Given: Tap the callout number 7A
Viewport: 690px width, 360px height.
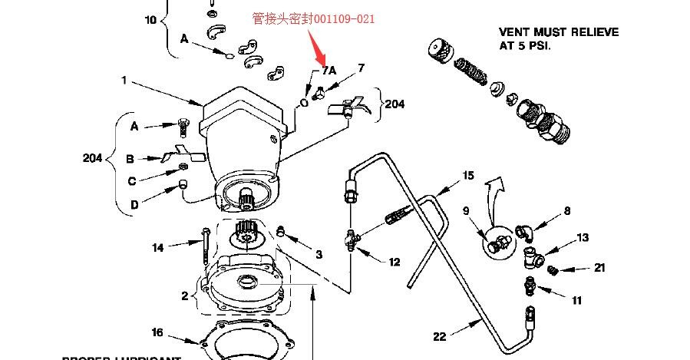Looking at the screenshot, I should (x=328, y=70).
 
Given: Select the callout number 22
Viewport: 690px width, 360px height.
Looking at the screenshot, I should (x=439, y=335).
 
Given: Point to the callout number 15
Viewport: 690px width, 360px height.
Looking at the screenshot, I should (x=467, y=176).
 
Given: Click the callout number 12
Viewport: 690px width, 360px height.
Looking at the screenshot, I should (x=394, y=262).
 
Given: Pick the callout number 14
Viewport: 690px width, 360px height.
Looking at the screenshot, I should (x=157, y=247).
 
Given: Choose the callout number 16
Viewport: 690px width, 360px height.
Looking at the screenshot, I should (x=157, y=332).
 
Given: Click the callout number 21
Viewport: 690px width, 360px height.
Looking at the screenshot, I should (x=599, y=268).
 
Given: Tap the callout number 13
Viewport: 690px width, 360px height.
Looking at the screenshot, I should (x=583, y=238).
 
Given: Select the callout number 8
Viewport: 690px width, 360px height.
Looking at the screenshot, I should (x=567, y=210).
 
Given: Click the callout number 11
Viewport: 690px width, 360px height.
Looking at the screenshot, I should (x=576, y=301).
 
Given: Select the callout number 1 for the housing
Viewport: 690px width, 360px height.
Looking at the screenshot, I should (x=123, y=80).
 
